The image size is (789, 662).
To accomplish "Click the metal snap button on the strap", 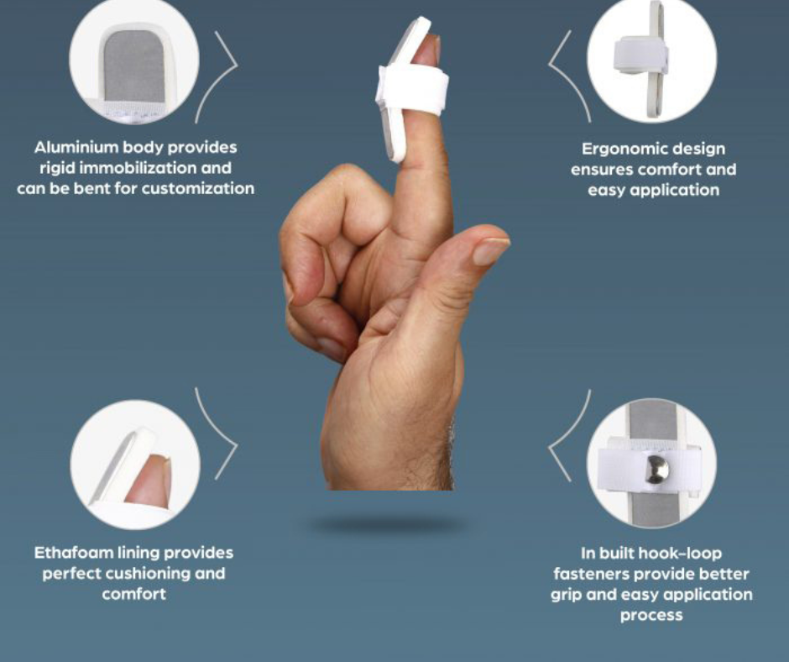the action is pyautogui.click(x=657, y=469).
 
